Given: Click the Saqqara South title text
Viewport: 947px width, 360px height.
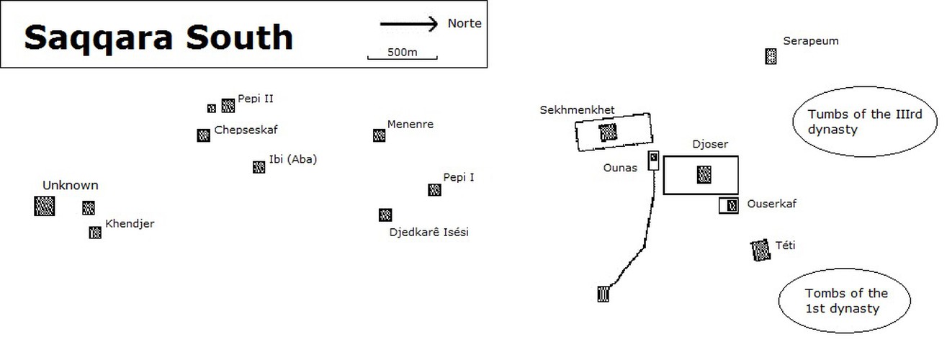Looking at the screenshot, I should coord(158,37).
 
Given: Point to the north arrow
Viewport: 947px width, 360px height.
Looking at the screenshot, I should coord(409,24).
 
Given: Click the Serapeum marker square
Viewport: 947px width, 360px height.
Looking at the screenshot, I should coord(771,56).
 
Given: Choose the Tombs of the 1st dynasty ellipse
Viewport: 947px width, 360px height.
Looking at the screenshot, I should coord(846,301).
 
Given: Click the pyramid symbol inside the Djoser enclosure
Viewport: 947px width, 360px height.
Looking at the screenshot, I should coord(704,174).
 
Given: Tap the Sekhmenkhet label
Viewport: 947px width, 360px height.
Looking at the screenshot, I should coord(577,110).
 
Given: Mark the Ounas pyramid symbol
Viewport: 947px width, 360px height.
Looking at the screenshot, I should coord(654,158).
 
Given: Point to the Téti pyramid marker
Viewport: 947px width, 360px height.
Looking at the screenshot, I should coord(760,250).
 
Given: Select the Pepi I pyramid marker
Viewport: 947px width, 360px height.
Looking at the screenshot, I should coord(434,189).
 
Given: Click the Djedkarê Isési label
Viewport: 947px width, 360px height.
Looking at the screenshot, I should coord(428,233).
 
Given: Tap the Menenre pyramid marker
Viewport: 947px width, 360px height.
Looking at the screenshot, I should coord(379,135).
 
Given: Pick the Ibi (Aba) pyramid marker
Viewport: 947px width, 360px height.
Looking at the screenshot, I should coord(259,167).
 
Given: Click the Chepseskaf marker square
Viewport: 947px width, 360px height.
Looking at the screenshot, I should coord(203,135).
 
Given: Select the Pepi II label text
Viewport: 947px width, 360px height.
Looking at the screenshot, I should coord(255,99).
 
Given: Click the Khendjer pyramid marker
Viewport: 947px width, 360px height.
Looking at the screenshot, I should coord(95,233).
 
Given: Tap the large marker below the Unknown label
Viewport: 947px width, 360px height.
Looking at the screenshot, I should coord(45,206).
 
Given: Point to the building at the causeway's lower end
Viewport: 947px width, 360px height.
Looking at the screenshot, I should coord(603,293).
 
